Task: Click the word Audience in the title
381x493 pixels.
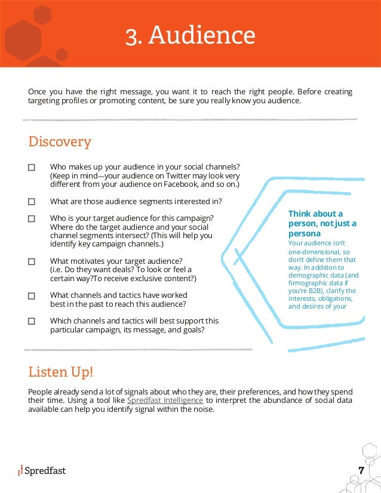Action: (202, 36)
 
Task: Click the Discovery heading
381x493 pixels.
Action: (60, 142)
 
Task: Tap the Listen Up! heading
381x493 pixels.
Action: (61, 372)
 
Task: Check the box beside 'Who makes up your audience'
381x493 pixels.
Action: (32, 168)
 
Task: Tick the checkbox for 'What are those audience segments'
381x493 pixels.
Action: (32, 202)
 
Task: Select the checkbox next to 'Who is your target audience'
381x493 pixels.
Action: (32, 219)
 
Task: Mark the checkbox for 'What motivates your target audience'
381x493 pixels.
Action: (32, 261)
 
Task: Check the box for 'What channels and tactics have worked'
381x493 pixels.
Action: (32, 295)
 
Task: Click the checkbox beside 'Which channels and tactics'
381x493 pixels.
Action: (32, 321)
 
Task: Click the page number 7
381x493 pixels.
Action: (361, 470)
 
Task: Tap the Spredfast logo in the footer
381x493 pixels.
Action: (42, 471)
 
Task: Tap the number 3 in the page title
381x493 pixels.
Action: (130, 36)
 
